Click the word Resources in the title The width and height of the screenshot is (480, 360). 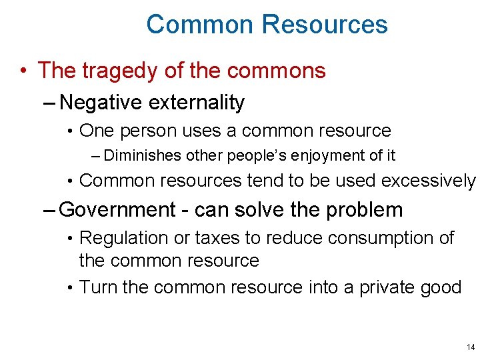coord(325,25)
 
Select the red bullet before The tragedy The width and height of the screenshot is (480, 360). coord(23,71)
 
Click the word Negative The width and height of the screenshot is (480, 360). coord(101,103)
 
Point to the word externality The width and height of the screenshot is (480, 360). coord(197,103)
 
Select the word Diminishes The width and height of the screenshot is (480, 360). coord(142,156)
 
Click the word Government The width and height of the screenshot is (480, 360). coord(117,209)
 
